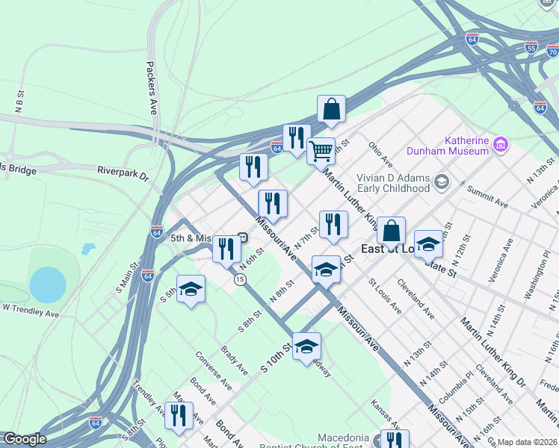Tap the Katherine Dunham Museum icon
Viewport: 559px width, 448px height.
pos(501,142)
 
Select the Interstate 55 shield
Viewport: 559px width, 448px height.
pos(531,46)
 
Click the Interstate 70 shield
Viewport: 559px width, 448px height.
pos(552,52)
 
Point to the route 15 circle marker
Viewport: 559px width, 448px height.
pos(239,279)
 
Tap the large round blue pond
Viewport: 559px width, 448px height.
pos(48,284)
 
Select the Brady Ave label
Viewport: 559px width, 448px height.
pos(234,361)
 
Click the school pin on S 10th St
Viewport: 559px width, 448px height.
pos(306,346)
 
